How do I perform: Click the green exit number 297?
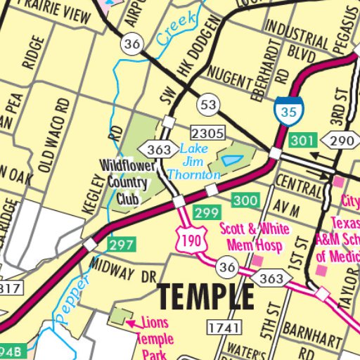(120, 244)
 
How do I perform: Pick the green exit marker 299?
(207, 212)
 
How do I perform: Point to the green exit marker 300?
(245, 201)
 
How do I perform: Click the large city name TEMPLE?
(205, 297)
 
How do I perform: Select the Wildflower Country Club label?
(124, 181)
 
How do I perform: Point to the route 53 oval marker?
(207, 105)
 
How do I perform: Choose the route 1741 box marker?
(224, 327)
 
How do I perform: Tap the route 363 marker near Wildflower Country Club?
(159, 149)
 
